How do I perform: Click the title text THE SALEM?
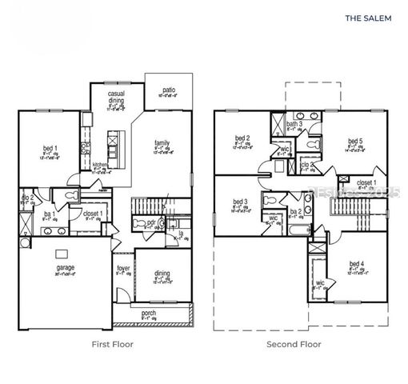tap(368, 16)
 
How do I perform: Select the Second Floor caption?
tap(294, 345)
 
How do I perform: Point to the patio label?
tap(168, 90)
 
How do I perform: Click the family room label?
tap(162, 144)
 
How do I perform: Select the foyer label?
tap(123, 269)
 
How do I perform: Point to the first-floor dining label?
tap(162, 274)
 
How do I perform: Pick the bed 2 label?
tap(242, 138)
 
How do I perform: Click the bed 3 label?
tap(240, 202)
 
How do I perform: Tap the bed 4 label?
tap(356, 264)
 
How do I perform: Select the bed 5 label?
tap(355, 142)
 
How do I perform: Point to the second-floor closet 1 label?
tap(366, 182)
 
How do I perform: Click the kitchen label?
tap(101, 166)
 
